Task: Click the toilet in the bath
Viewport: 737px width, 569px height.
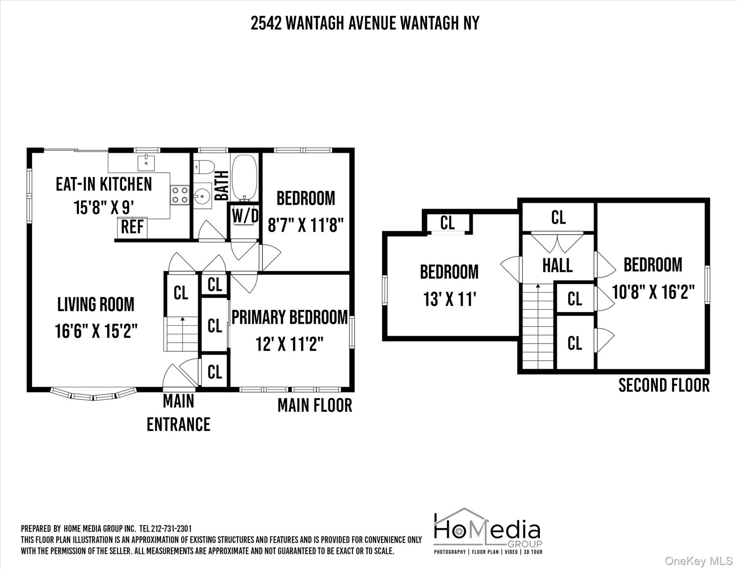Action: (204, 166)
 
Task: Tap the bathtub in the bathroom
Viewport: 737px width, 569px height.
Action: (244, 177)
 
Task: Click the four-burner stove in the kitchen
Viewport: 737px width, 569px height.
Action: (179, 195)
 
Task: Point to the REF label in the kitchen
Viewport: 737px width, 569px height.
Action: (132, 227)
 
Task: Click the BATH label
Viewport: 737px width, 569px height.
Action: (222, 185)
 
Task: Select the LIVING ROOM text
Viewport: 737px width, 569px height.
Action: (96, 305)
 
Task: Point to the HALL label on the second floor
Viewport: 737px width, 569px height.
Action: (557, 266)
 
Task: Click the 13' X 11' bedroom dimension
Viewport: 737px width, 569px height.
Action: (449, 299)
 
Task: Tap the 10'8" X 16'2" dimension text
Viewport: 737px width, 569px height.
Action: (653, 292)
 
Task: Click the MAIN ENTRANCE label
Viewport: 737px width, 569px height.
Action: (178, 413)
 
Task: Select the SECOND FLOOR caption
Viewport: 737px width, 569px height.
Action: (664, 386)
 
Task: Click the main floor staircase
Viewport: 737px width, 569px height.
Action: (182, 333)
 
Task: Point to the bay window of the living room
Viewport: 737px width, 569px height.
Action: (93, 395)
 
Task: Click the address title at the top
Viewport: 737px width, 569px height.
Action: (365, 23)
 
